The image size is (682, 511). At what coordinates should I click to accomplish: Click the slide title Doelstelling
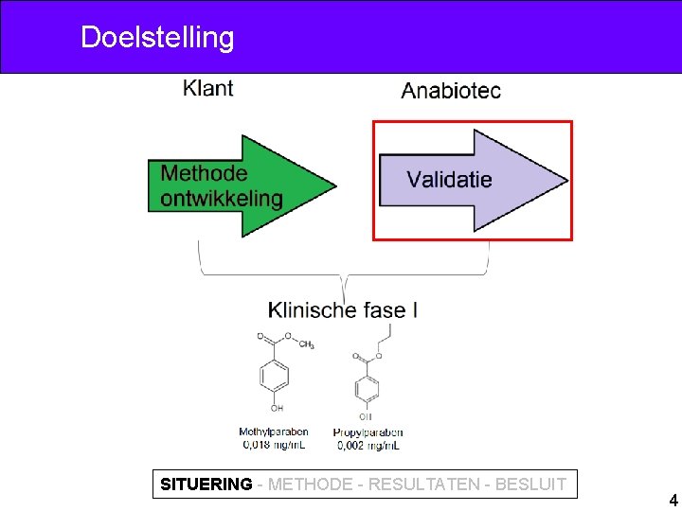pyautogui.click(x=157, y=38)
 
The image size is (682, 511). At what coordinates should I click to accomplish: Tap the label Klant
pyautogui.click(x=208, y=89)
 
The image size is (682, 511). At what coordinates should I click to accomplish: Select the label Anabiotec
pyautogui.click(x=451, y=91)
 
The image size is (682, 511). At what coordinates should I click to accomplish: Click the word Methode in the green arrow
pyautogui.click(x=204, y=173)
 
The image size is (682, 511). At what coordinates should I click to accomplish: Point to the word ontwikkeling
pyautogui.click(x=222, y=198)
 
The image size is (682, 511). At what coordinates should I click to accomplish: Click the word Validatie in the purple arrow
pyautogui.click(x=449, y=179)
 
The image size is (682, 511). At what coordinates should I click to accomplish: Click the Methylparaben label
pyautogui.click(x=274, y=432)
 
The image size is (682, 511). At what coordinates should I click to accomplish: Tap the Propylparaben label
pyautogui.click(x=368, y=432)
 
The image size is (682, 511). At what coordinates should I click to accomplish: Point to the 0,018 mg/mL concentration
pyautogui.click(x=274, y=444)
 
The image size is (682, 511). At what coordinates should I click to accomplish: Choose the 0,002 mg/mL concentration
pyautogui.click(x=368, y=444)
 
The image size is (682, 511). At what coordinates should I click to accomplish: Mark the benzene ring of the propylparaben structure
pyautogui.click(x=366, y=388)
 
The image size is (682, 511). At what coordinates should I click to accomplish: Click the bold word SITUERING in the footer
pyautogui.click(x=206, y=485)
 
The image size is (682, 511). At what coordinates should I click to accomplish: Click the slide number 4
pyautogui.click(x=673, y=501)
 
